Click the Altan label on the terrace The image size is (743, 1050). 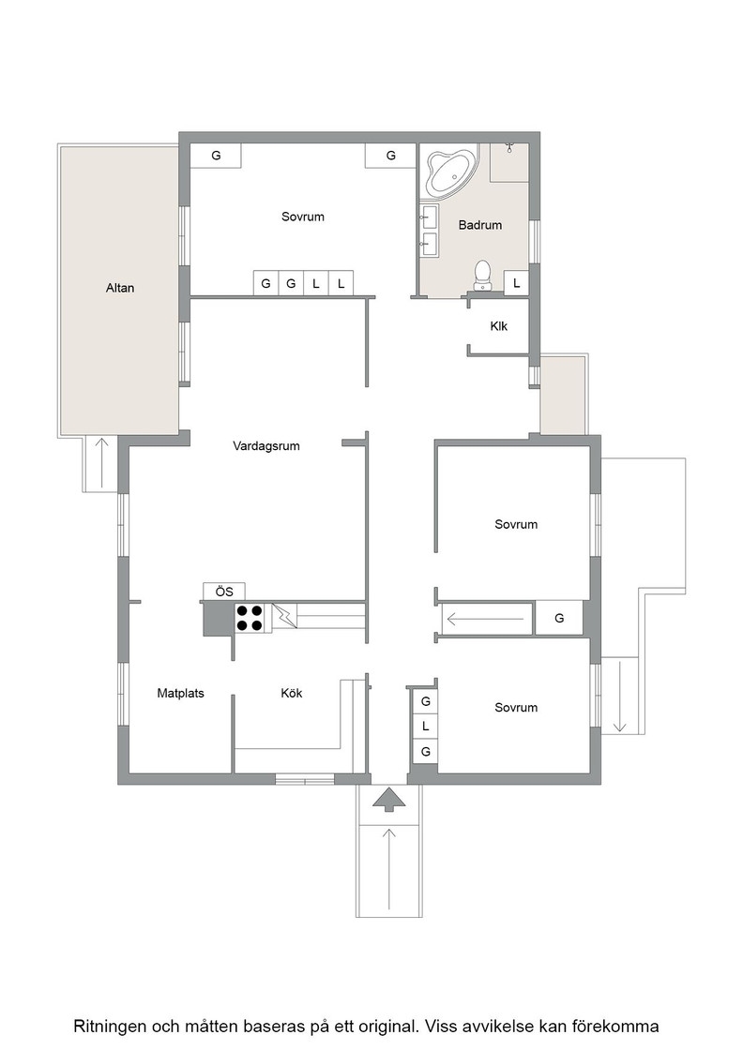click(120, 288)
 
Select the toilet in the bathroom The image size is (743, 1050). click(481, 276)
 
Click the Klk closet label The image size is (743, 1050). click(498, 326)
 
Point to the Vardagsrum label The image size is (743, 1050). click(266, 446)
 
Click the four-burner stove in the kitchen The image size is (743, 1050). click(248, 618)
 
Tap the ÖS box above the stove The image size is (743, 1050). click(224, 592)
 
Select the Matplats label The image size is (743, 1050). click(180, 693)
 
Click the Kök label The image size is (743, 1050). click(292, 693)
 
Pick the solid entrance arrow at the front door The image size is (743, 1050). click(388, 801)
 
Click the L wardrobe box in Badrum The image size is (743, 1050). click(516, 283)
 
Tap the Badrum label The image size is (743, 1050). click(479, 225)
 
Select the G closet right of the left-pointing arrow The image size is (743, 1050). click(559, 618)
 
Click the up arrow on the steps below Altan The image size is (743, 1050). click(101, 463)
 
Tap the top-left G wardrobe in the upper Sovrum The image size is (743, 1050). click(216, 156)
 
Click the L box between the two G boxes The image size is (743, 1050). click(425, 726)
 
